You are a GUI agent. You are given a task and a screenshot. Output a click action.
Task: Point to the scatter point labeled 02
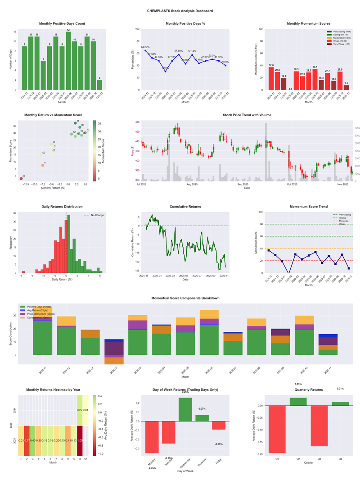21,179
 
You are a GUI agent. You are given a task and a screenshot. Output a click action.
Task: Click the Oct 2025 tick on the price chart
292,184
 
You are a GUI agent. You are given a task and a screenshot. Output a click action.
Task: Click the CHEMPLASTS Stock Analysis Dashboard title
180,11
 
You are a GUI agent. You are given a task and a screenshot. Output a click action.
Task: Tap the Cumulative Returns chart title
185,207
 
